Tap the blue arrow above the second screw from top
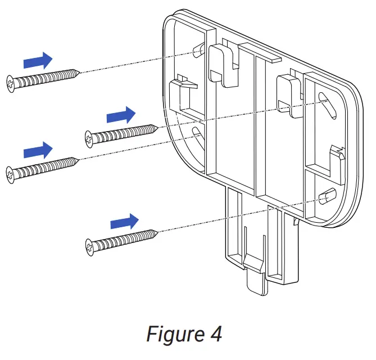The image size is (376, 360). [121, 115]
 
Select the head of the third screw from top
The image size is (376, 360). [11, 173]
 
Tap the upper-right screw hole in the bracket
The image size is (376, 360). [325, 100]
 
